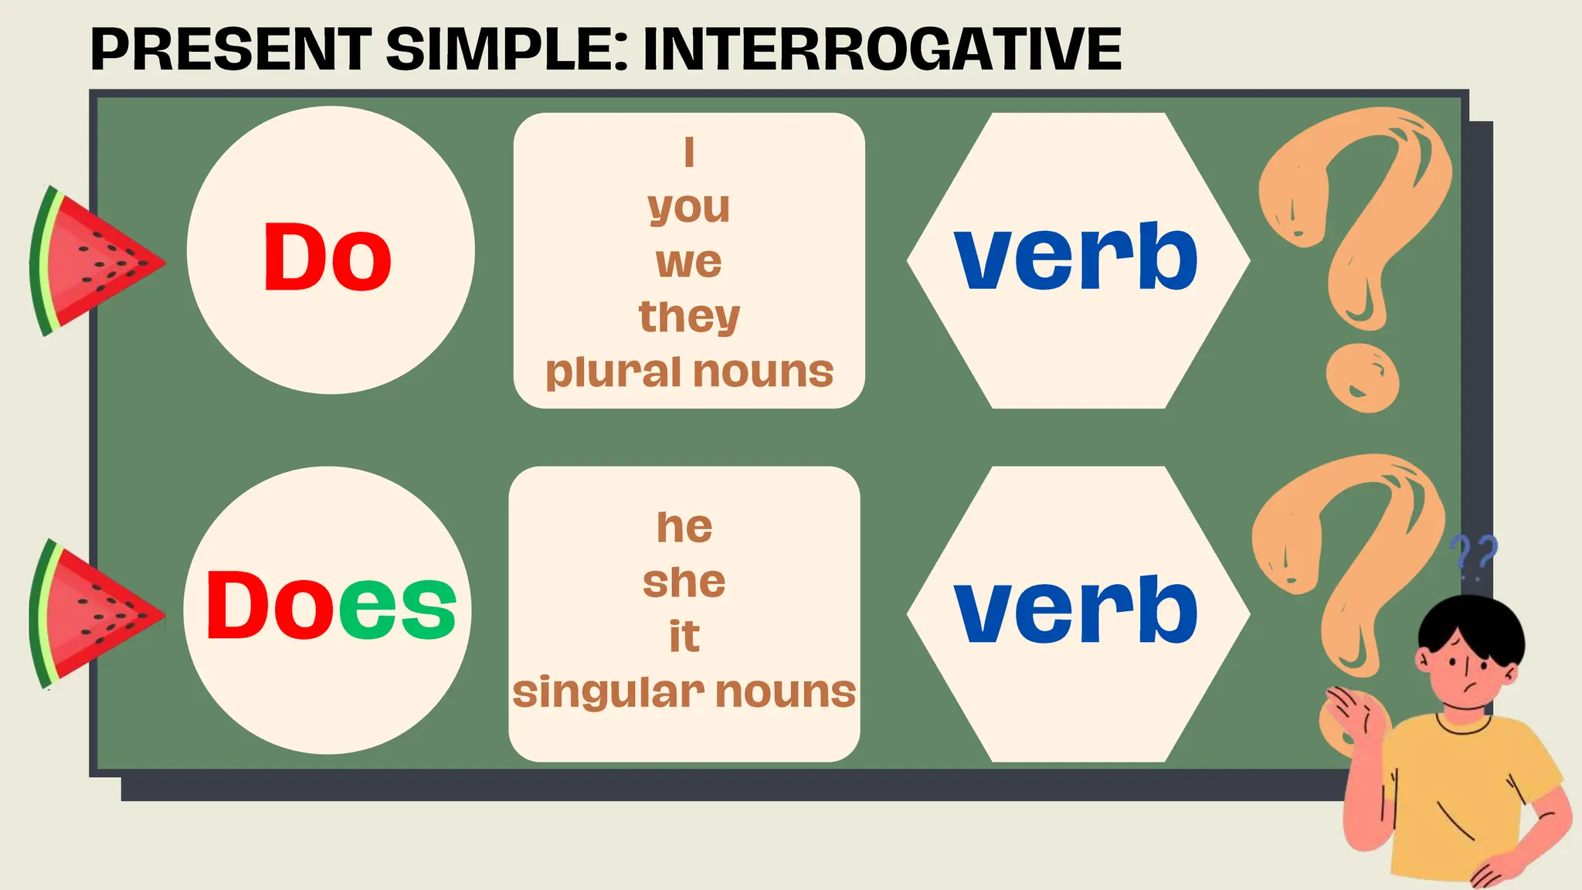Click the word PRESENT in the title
point(230,49)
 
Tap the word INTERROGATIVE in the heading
point(881,49)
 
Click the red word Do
point(328,256)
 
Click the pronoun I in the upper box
point(689,152)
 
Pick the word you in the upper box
point(689,207)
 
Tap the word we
point(689,262)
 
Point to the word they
point(689,317)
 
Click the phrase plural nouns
point(689,372)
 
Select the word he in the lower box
point(684,527)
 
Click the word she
point(684,582)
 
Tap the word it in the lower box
point(684,637)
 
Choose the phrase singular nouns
point(684,691)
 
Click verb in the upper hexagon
point(1076,256)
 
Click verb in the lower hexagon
point(1076,610)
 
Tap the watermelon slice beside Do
point(89,261)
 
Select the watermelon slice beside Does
point(89,614)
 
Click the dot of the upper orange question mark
point(1362,379)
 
